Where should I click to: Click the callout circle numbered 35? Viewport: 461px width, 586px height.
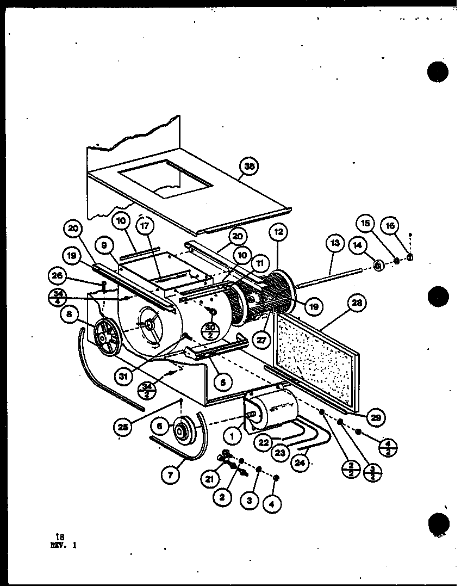(250, 166)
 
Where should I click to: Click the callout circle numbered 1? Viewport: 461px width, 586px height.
(232, 435)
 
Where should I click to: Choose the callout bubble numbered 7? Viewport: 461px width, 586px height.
(170, 474)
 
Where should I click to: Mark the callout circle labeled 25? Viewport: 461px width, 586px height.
(124, 427)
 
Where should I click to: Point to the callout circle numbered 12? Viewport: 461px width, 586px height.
(278, 232)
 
